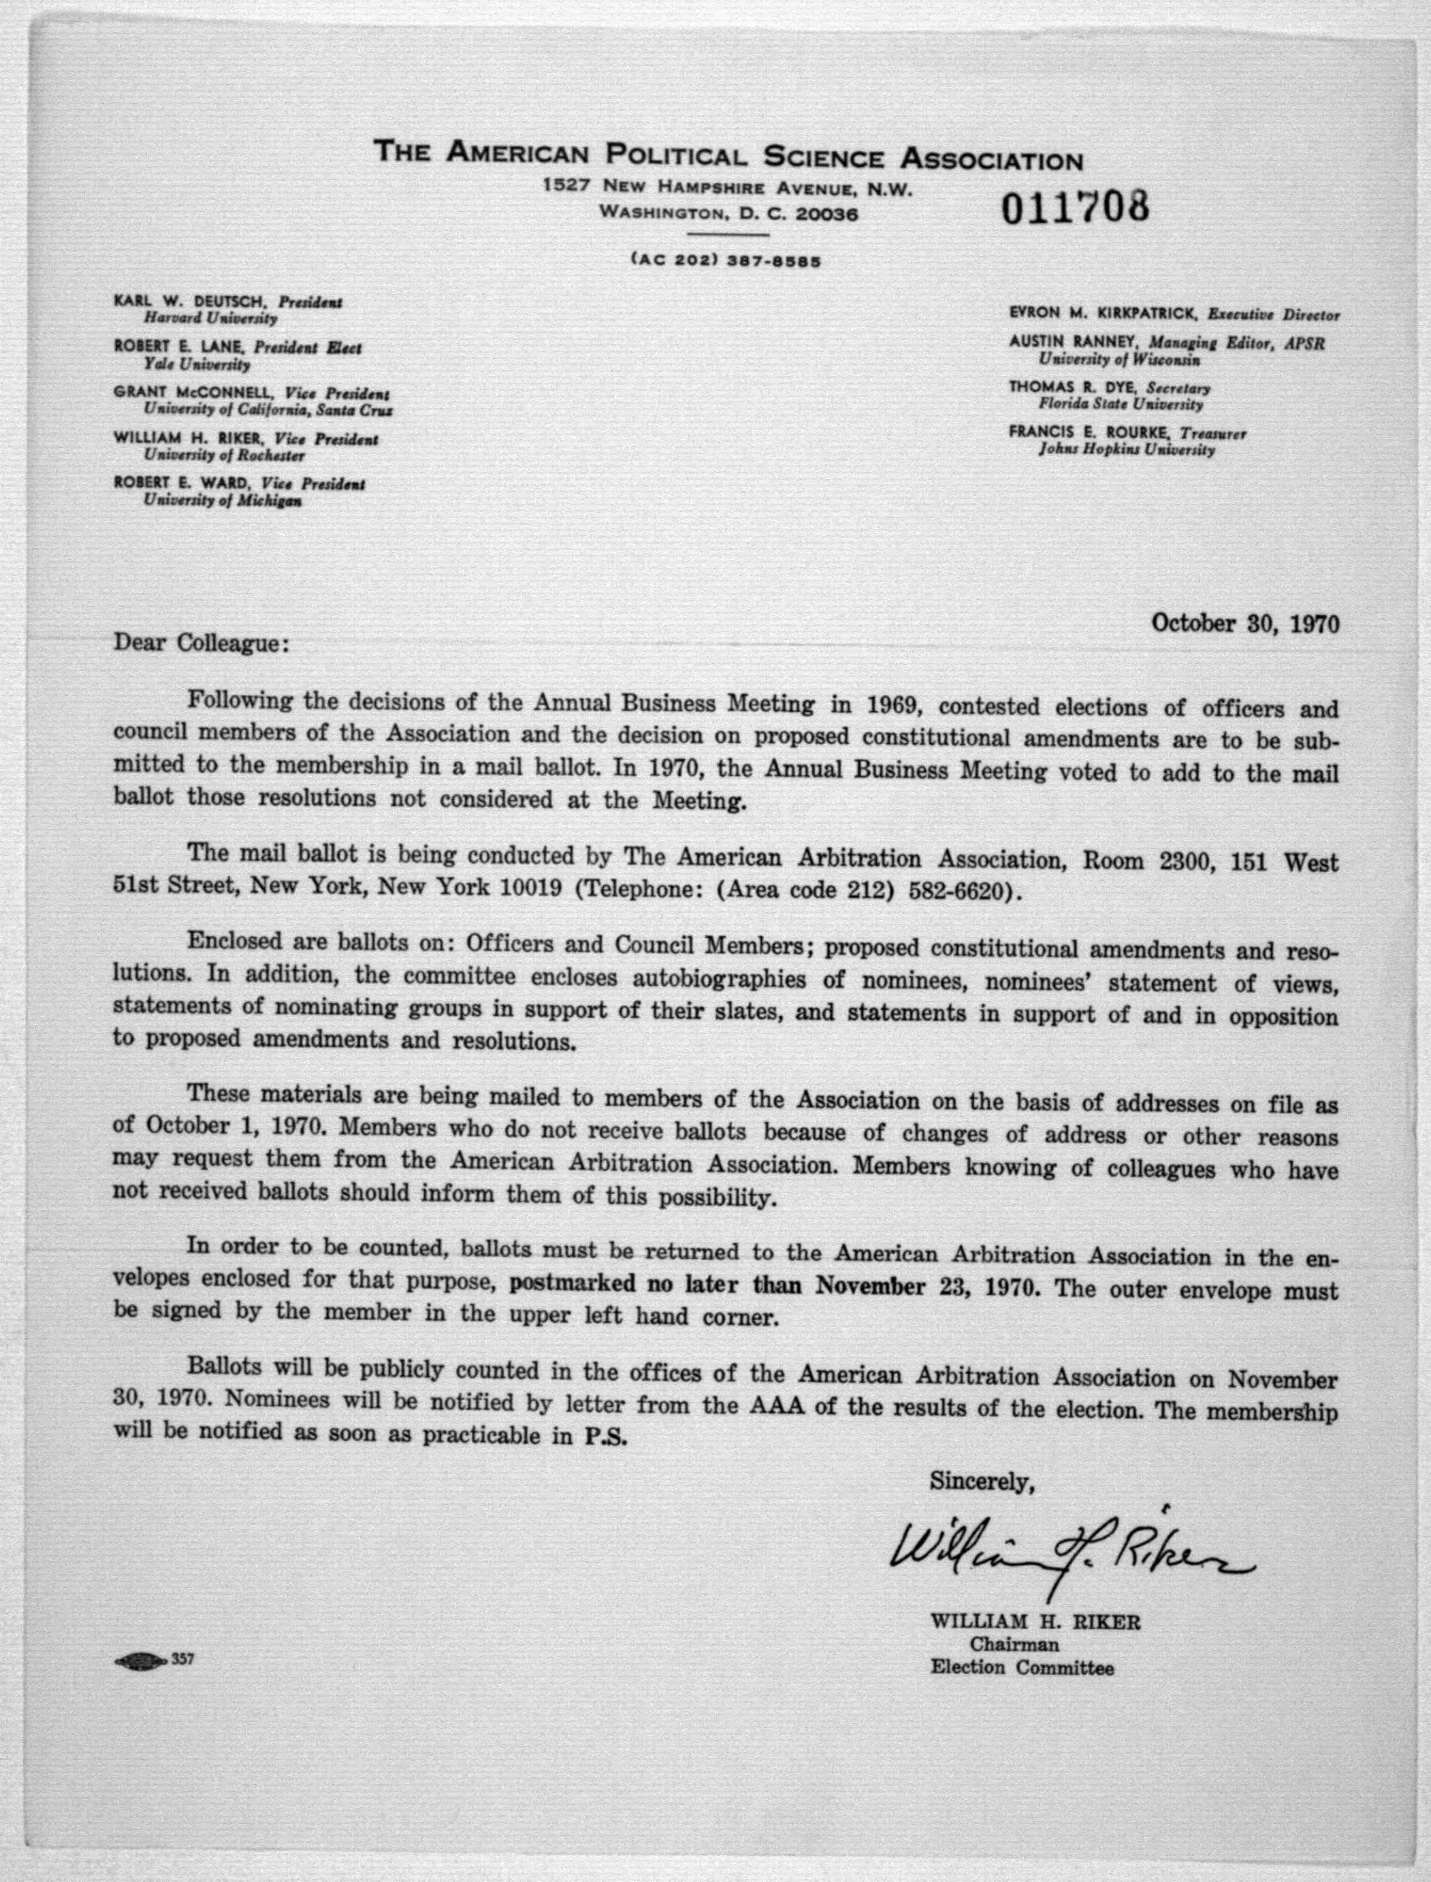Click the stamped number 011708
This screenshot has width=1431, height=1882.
click(1075, 207)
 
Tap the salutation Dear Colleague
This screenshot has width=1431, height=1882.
click(202, 642)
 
